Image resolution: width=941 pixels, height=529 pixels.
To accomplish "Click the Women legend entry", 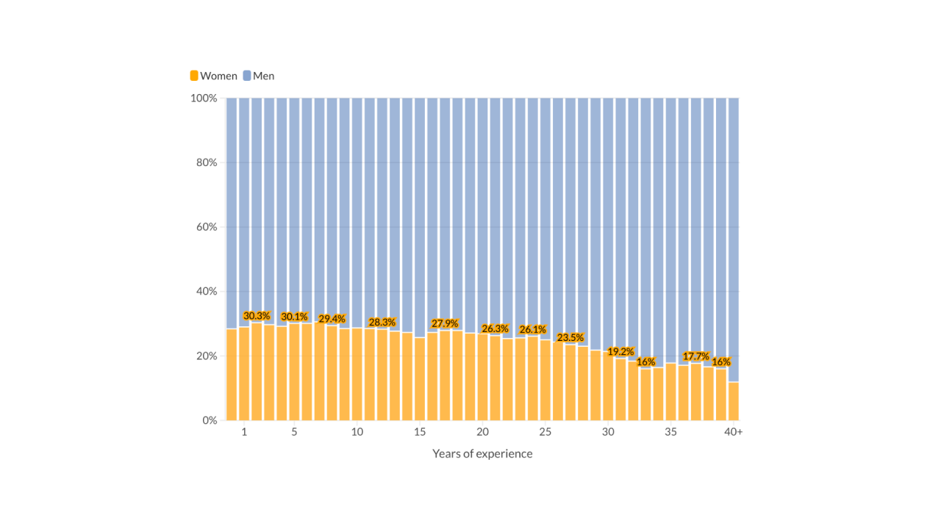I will click(x=214, y=76).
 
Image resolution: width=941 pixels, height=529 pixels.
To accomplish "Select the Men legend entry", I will click(x=259, y=76).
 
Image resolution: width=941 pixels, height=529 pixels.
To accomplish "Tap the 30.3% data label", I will click(x=257, y=316).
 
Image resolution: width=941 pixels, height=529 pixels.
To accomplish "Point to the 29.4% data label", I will click(x=332, y=319).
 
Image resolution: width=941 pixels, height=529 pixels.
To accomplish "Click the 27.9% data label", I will click(x=444, y=323).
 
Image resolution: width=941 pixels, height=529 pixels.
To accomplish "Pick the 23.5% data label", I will click(x=570, y=338).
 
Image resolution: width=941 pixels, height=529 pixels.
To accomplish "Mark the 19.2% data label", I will click(x=620, y=352).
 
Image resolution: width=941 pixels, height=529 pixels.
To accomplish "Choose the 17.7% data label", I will click(x=695, y=356).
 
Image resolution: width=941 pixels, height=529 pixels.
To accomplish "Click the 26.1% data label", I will click(x=532, y=330).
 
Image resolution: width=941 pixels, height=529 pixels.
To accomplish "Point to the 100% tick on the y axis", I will click(x=204, y=98).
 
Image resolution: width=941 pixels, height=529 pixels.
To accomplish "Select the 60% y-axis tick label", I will click(x=207, y=227).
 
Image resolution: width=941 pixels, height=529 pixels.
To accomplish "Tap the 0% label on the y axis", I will click(x=210, y=420).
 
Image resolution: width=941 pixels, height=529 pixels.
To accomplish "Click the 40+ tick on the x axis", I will click(x=733, y=432).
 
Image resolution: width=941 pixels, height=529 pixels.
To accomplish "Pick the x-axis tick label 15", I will click(x=420, y=432).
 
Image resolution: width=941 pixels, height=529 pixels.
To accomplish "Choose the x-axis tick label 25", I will click(x=545, y=432).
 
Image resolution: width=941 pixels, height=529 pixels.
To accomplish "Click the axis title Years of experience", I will click(x=482, y=453).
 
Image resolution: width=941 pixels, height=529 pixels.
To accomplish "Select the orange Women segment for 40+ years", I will click(x=733, y=401).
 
